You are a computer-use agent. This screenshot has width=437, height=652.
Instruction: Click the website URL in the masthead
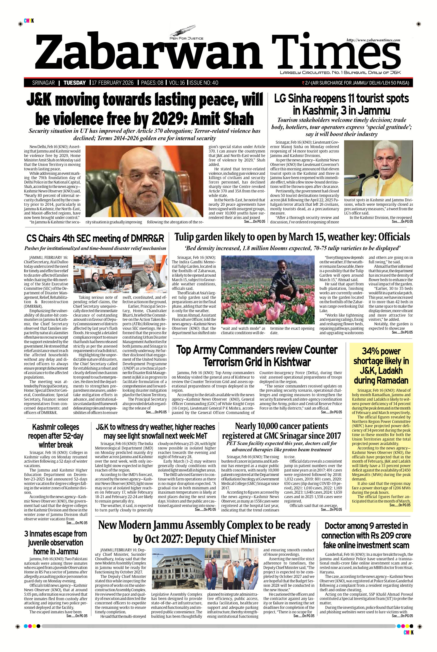[373, 40]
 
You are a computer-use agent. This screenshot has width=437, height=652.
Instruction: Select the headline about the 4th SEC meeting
[95, 239]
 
